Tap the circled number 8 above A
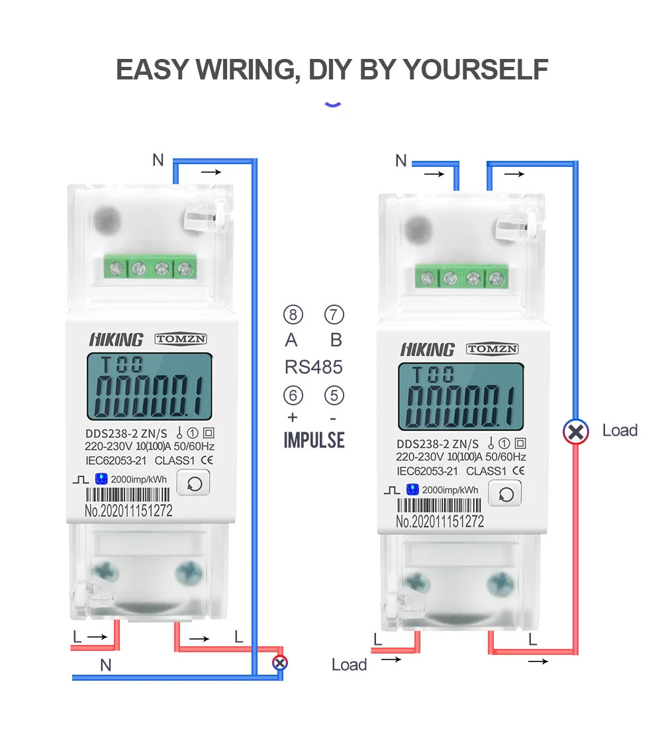(x=293, y=315)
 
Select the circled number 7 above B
(x=334, y=315)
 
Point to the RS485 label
(x=314, y=367)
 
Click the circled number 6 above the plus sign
(x=293, y=396)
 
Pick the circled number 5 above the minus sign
(x=334, y=396)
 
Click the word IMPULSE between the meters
(x=314, y=440)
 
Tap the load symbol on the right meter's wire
(x=576, y=432)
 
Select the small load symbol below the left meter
(x=280, y=661)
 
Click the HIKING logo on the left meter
(x=116, y=340)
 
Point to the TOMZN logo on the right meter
(x=493, y=349)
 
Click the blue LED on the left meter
(x=101, y=479)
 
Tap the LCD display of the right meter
(x=461, y=397)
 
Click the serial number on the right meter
(x=440, y=522)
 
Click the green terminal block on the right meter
(x=461, y=277)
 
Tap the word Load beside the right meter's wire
(x=620, y=430)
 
